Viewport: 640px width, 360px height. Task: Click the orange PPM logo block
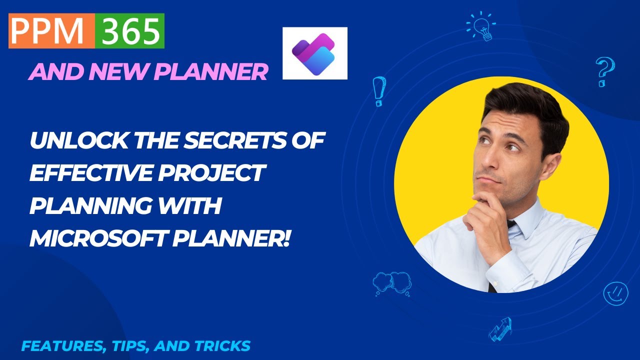coord(51,31)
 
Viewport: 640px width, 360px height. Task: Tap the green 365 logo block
coord(129,31)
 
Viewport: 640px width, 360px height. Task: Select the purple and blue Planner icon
coord(314,53)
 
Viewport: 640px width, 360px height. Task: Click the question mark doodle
coord(604,71)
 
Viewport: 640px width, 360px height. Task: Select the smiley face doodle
coord(615,293)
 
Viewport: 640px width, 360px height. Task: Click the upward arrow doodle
coord(500,328)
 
